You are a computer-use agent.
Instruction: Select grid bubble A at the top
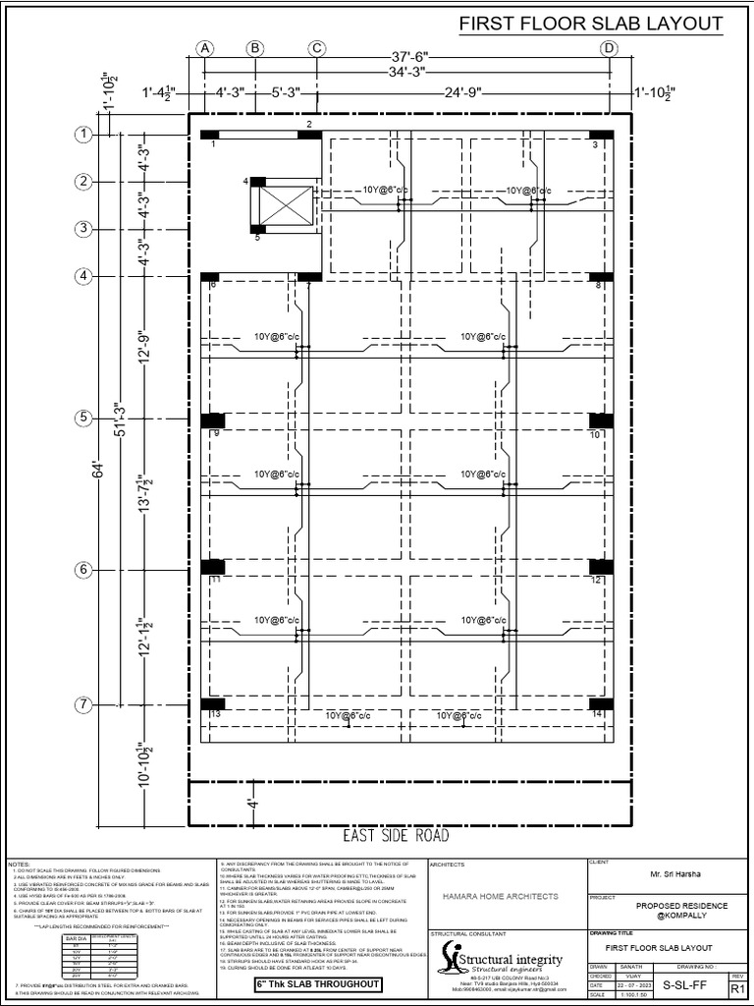(205, 48)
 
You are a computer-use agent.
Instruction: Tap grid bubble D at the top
(610, 48)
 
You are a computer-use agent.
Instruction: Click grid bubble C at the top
(317, 48)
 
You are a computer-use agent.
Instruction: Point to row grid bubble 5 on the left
(84, 419)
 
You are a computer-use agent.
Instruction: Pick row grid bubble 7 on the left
(84, 704)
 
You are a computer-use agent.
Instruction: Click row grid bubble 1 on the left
(84, 134)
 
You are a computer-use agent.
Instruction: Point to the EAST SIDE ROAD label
(396, 836)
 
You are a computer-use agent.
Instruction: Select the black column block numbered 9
(212, 420)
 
